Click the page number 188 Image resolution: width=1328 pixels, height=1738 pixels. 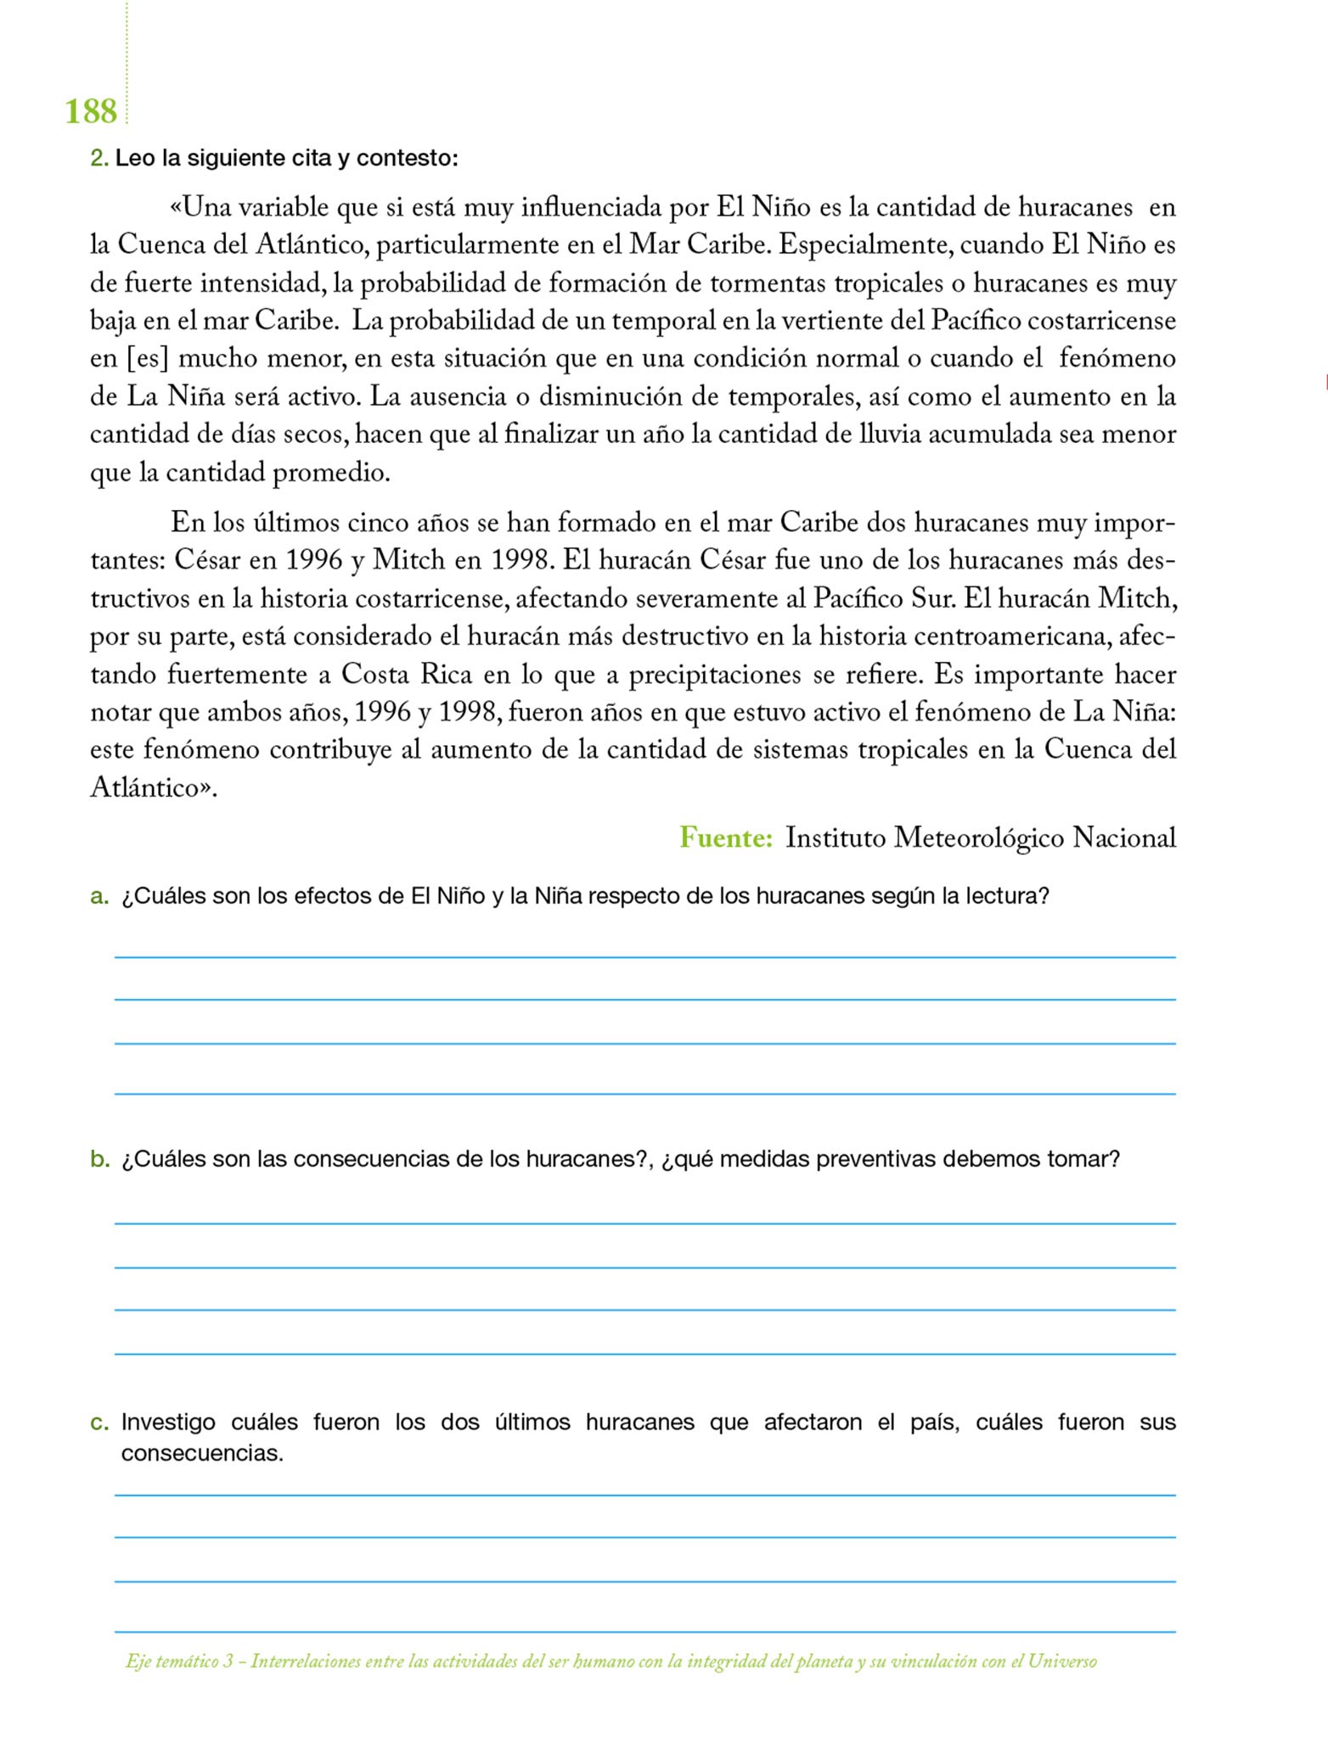pos(91,111)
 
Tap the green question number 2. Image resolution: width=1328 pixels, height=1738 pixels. pos(98,158)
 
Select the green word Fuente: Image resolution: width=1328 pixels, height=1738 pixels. pos(726,838)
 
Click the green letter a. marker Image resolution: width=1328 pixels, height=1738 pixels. pos(99,896)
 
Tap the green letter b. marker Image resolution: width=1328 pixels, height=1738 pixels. pos(99,1159)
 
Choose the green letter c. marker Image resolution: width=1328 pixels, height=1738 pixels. pos(99,1422)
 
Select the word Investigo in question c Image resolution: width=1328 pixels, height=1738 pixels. pos(168,1422)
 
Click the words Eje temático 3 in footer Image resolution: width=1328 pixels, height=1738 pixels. pos(179,1662)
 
